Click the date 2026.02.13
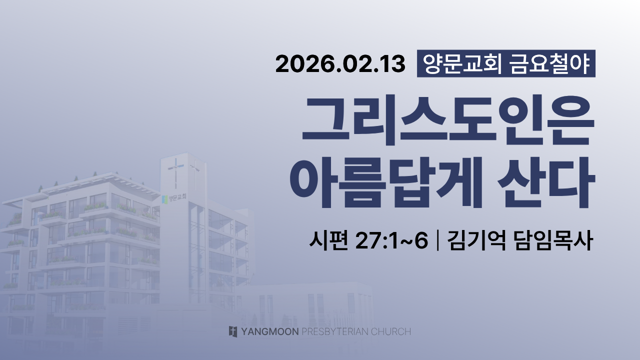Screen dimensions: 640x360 point(340,64)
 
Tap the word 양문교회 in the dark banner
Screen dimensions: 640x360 point(461,63)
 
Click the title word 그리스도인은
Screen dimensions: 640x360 point(448,120)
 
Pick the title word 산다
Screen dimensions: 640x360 point(546,182)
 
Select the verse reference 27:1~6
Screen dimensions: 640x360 point(391,241)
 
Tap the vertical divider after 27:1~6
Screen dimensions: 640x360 point(437,241)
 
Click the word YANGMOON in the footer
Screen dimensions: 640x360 point(269,331)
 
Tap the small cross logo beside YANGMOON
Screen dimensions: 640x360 point(233,331)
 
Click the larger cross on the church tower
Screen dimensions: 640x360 point(175,173)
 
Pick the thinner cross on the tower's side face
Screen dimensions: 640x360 point(195,174)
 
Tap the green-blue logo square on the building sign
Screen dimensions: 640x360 point(164,199)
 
